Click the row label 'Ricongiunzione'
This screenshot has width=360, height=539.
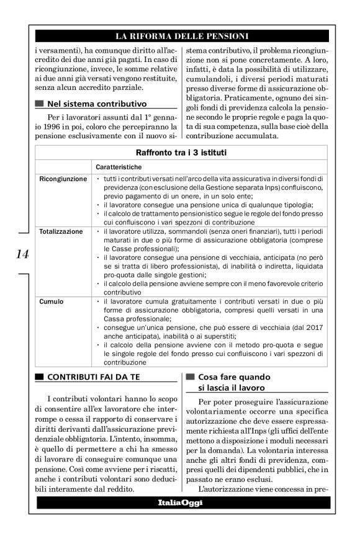[63, 179]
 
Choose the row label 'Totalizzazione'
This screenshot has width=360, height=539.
[61, 231]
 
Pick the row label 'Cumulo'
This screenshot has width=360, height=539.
[52, 301]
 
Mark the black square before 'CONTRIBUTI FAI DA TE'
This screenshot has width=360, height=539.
[40, 376]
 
